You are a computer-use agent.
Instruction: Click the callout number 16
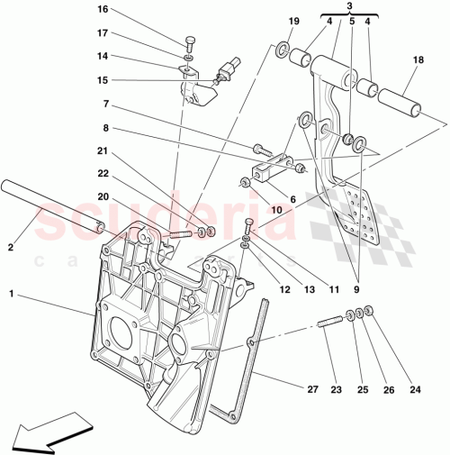102,10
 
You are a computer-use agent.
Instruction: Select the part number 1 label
12,294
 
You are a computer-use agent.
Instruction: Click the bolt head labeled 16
190,41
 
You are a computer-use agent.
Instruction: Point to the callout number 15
102,79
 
